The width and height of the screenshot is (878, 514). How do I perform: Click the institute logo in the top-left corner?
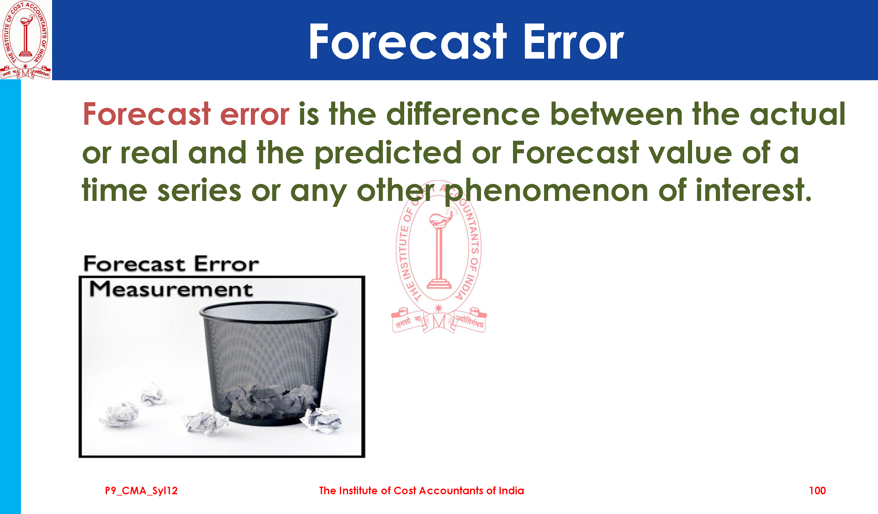point(25,40)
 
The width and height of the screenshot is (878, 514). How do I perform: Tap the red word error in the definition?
point(254,114)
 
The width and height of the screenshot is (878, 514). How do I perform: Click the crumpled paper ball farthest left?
point(119,414)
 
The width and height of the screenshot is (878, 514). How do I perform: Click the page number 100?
point(817,491)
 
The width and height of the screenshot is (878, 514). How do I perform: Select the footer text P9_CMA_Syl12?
point(141,491)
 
